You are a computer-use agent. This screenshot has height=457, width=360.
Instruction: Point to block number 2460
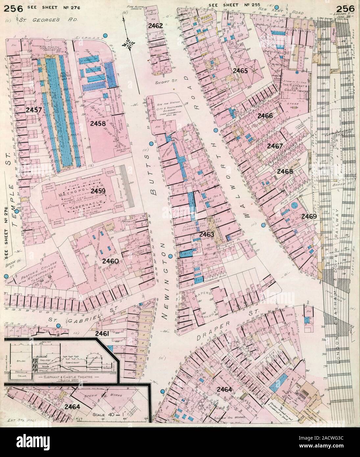(x=110, y=261)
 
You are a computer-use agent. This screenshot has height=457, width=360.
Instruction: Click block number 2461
(x=102, y=333)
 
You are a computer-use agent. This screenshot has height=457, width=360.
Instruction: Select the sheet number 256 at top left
(x=12, y=8)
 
